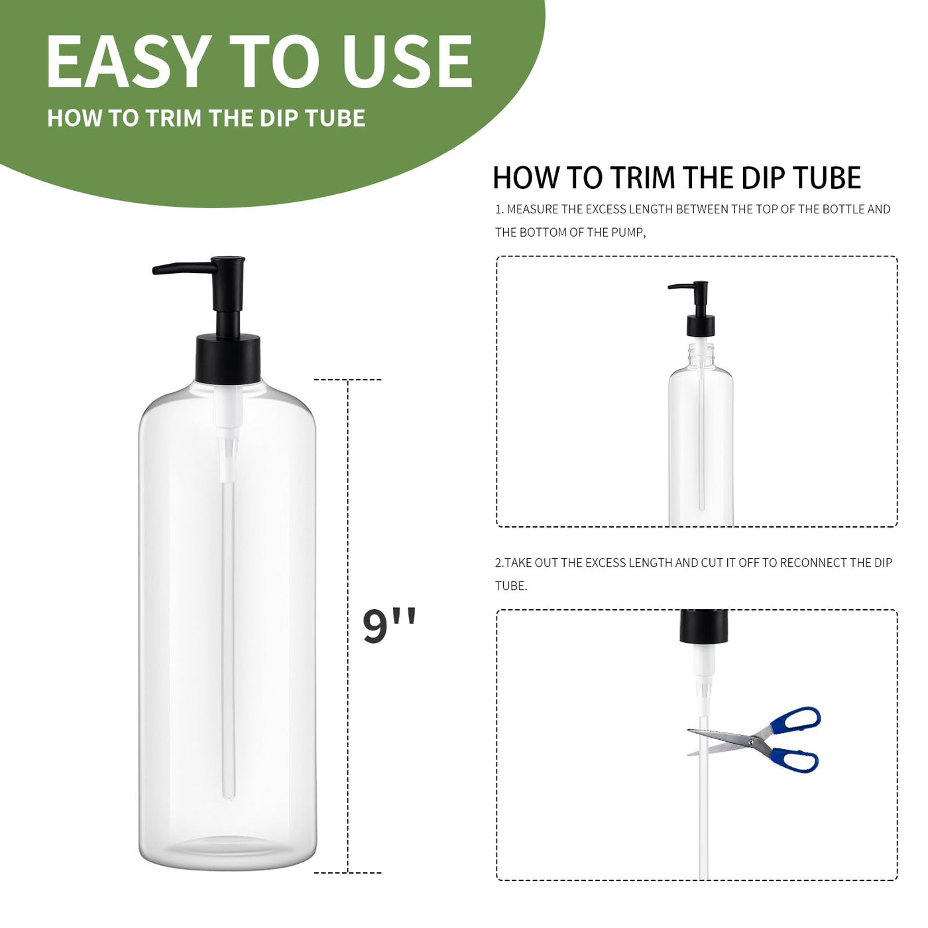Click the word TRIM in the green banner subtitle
point(174,119)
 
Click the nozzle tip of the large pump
point(154,270)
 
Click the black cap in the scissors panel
point(703,626)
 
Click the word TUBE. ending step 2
point(511,586)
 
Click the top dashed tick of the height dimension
point(348,380)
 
